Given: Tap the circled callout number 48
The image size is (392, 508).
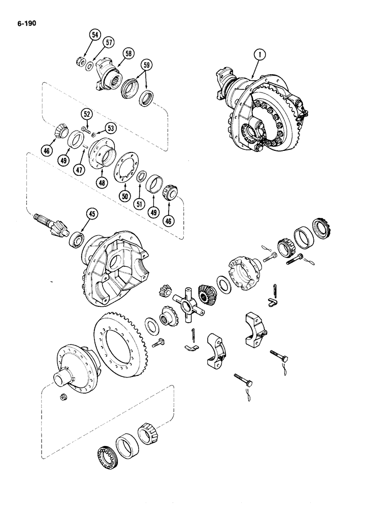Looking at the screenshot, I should coord(103,180).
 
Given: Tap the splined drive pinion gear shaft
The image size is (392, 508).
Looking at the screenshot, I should coord(48,224).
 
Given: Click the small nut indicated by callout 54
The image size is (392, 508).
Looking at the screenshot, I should coord(80,62).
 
